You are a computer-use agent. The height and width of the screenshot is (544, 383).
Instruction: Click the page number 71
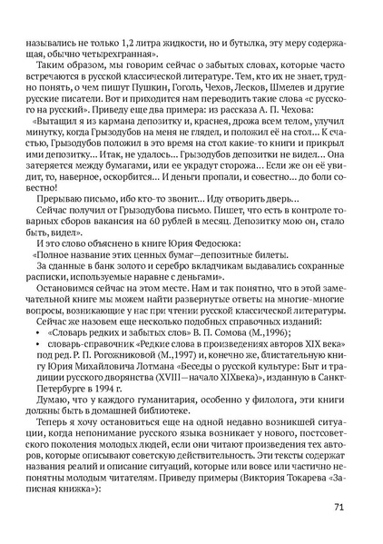tap(337, 507)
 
